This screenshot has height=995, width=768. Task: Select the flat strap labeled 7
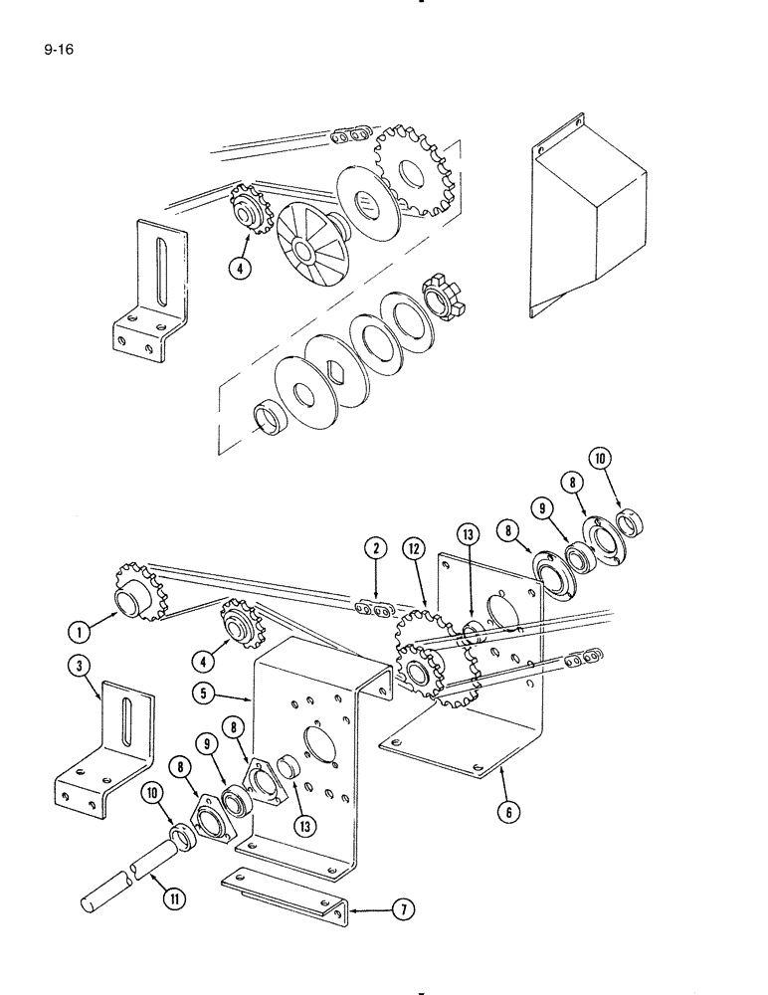[284, 889]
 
